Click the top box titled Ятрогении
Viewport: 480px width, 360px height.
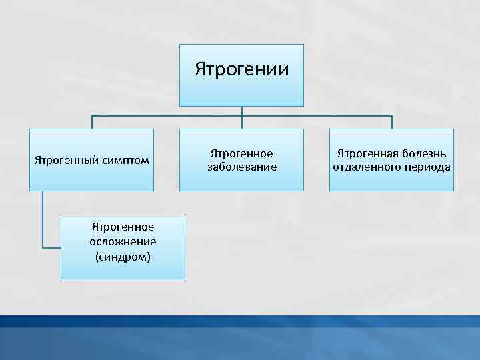241,75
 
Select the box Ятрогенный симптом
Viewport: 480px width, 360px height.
92,160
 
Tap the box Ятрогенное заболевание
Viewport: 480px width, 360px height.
241,160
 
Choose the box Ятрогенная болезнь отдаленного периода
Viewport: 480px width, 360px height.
391,160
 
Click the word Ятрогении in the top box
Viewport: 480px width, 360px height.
242,69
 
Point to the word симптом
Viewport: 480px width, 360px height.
125,161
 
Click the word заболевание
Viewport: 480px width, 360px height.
242,167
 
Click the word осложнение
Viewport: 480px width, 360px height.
123,241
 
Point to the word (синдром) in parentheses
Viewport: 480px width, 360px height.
123,255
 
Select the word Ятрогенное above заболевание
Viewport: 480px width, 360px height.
242,154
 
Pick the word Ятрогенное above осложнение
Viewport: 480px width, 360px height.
123,227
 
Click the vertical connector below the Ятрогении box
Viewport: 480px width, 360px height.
241,111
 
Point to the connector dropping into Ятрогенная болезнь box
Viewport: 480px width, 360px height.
391,123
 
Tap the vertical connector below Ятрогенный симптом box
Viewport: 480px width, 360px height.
42,220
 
